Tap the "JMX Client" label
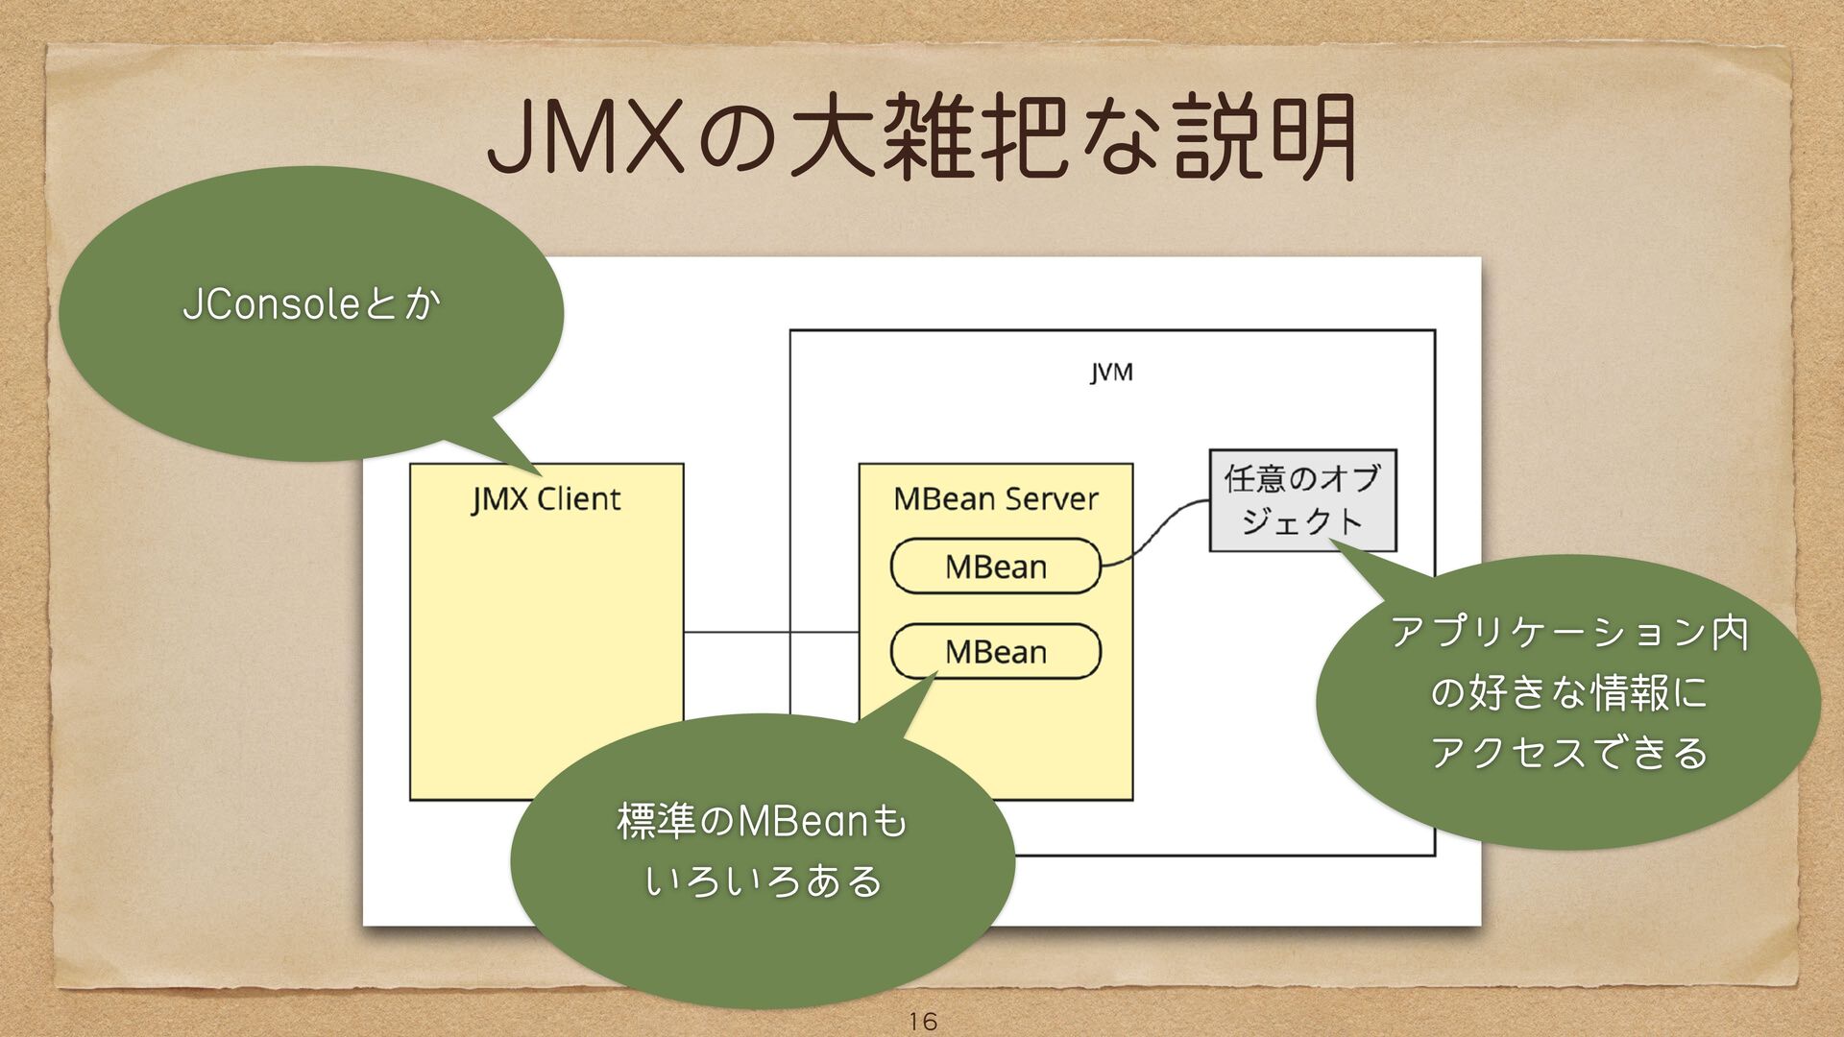coord(546,499)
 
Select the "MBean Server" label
coord(995,499)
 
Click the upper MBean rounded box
coord(995,567)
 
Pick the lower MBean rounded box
coord(995,652)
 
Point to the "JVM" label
coord(1111,373)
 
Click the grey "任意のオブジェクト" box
coord(1301,500)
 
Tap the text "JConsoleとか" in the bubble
coord(311,305)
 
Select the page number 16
coord(922,1021)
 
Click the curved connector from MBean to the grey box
coord(1157,531)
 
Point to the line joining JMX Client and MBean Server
coord(768,633)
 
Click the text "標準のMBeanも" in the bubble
coord(762,822)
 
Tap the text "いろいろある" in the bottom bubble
coord(763,881)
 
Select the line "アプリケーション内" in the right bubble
coord(1568,632)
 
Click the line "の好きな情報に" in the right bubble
coord(1568,692)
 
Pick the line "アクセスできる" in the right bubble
coord(1568,752)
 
